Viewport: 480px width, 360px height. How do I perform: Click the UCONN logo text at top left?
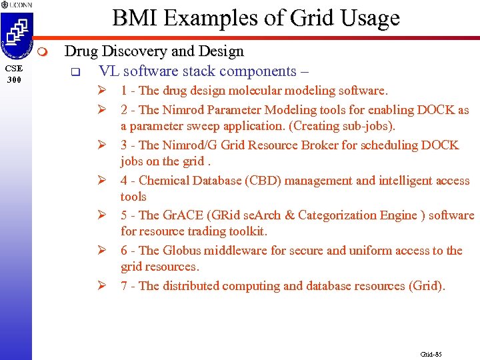19,5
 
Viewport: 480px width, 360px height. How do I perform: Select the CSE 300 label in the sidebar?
14,74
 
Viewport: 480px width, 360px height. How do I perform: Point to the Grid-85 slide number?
431,354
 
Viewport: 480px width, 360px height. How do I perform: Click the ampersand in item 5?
291,215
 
